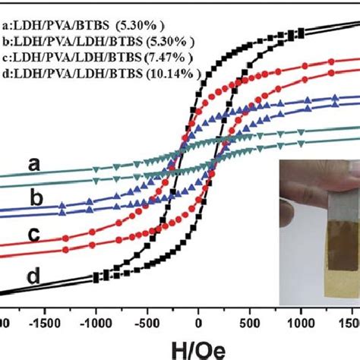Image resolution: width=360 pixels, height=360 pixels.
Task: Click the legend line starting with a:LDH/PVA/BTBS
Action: point(84,26)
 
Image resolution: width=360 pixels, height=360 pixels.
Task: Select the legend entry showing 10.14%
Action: point(102,74)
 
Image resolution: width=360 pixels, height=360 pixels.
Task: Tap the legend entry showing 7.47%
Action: point(97,58)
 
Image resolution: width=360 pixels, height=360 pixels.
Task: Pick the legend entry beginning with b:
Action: point(99,42)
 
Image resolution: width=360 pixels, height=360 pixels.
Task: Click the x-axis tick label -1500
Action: point(45,324)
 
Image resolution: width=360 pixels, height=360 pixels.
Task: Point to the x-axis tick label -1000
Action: point(96,324)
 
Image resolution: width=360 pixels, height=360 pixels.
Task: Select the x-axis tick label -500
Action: point(147,324)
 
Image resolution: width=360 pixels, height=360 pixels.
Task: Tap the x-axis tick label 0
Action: point(198,324)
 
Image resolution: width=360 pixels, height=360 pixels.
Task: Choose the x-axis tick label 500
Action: point(249,324)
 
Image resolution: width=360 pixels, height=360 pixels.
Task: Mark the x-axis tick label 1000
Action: point(301,324)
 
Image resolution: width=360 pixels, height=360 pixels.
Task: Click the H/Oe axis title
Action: point(198,350)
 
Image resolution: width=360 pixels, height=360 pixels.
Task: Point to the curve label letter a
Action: point(34,165)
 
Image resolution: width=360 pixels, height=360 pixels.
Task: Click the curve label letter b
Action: point(36,197)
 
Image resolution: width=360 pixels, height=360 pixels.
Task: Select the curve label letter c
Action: point(33,235)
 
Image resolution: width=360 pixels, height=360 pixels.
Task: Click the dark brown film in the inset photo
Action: point(343,245)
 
